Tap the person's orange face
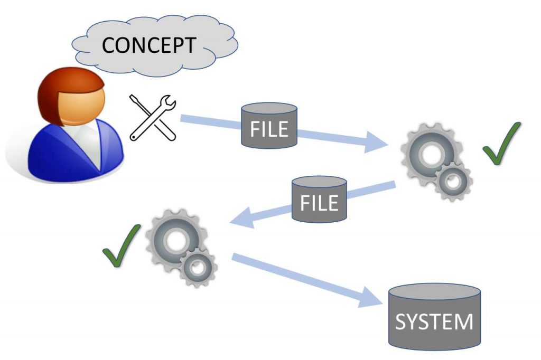80,103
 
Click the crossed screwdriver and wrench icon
153,118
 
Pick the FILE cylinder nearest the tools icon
269,126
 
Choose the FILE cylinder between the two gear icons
319,200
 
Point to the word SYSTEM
434,322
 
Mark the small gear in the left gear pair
198,268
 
